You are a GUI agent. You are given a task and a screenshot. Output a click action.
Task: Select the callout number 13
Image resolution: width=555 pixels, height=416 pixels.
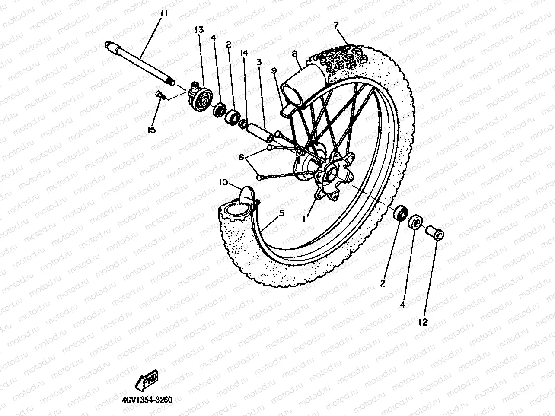coord(198,30)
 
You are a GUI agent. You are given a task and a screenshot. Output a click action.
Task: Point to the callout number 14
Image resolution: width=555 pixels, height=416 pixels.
coord(244,53)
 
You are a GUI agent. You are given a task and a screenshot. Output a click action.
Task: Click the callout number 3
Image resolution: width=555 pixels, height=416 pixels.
coord(259,63)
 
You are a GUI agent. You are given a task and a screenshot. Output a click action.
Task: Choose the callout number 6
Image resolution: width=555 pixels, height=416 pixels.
coord(242,157)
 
